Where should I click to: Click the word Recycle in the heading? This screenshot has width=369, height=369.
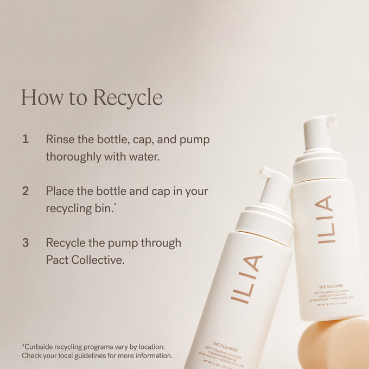pyautogui.click(x=128, y=98)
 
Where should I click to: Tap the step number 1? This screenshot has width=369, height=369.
pyautogui.click(x=26, y=139)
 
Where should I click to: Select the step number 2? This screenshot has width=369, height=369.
pyautogui.click(x=26, y=191)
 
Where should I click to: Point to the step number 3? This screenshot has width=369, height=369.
pyautogui.click(x=26, y=243)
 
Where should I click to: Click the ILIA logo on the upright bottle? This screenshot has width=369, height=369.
pyautogui.click(x=324, y=219)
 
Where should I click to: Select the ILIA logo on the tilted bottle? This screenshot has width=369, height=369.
pyautogui.click(x=246, y=278)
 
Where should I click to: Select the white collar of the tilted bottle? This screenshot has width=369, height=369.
pyautogui.click(x=265, y=219)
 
